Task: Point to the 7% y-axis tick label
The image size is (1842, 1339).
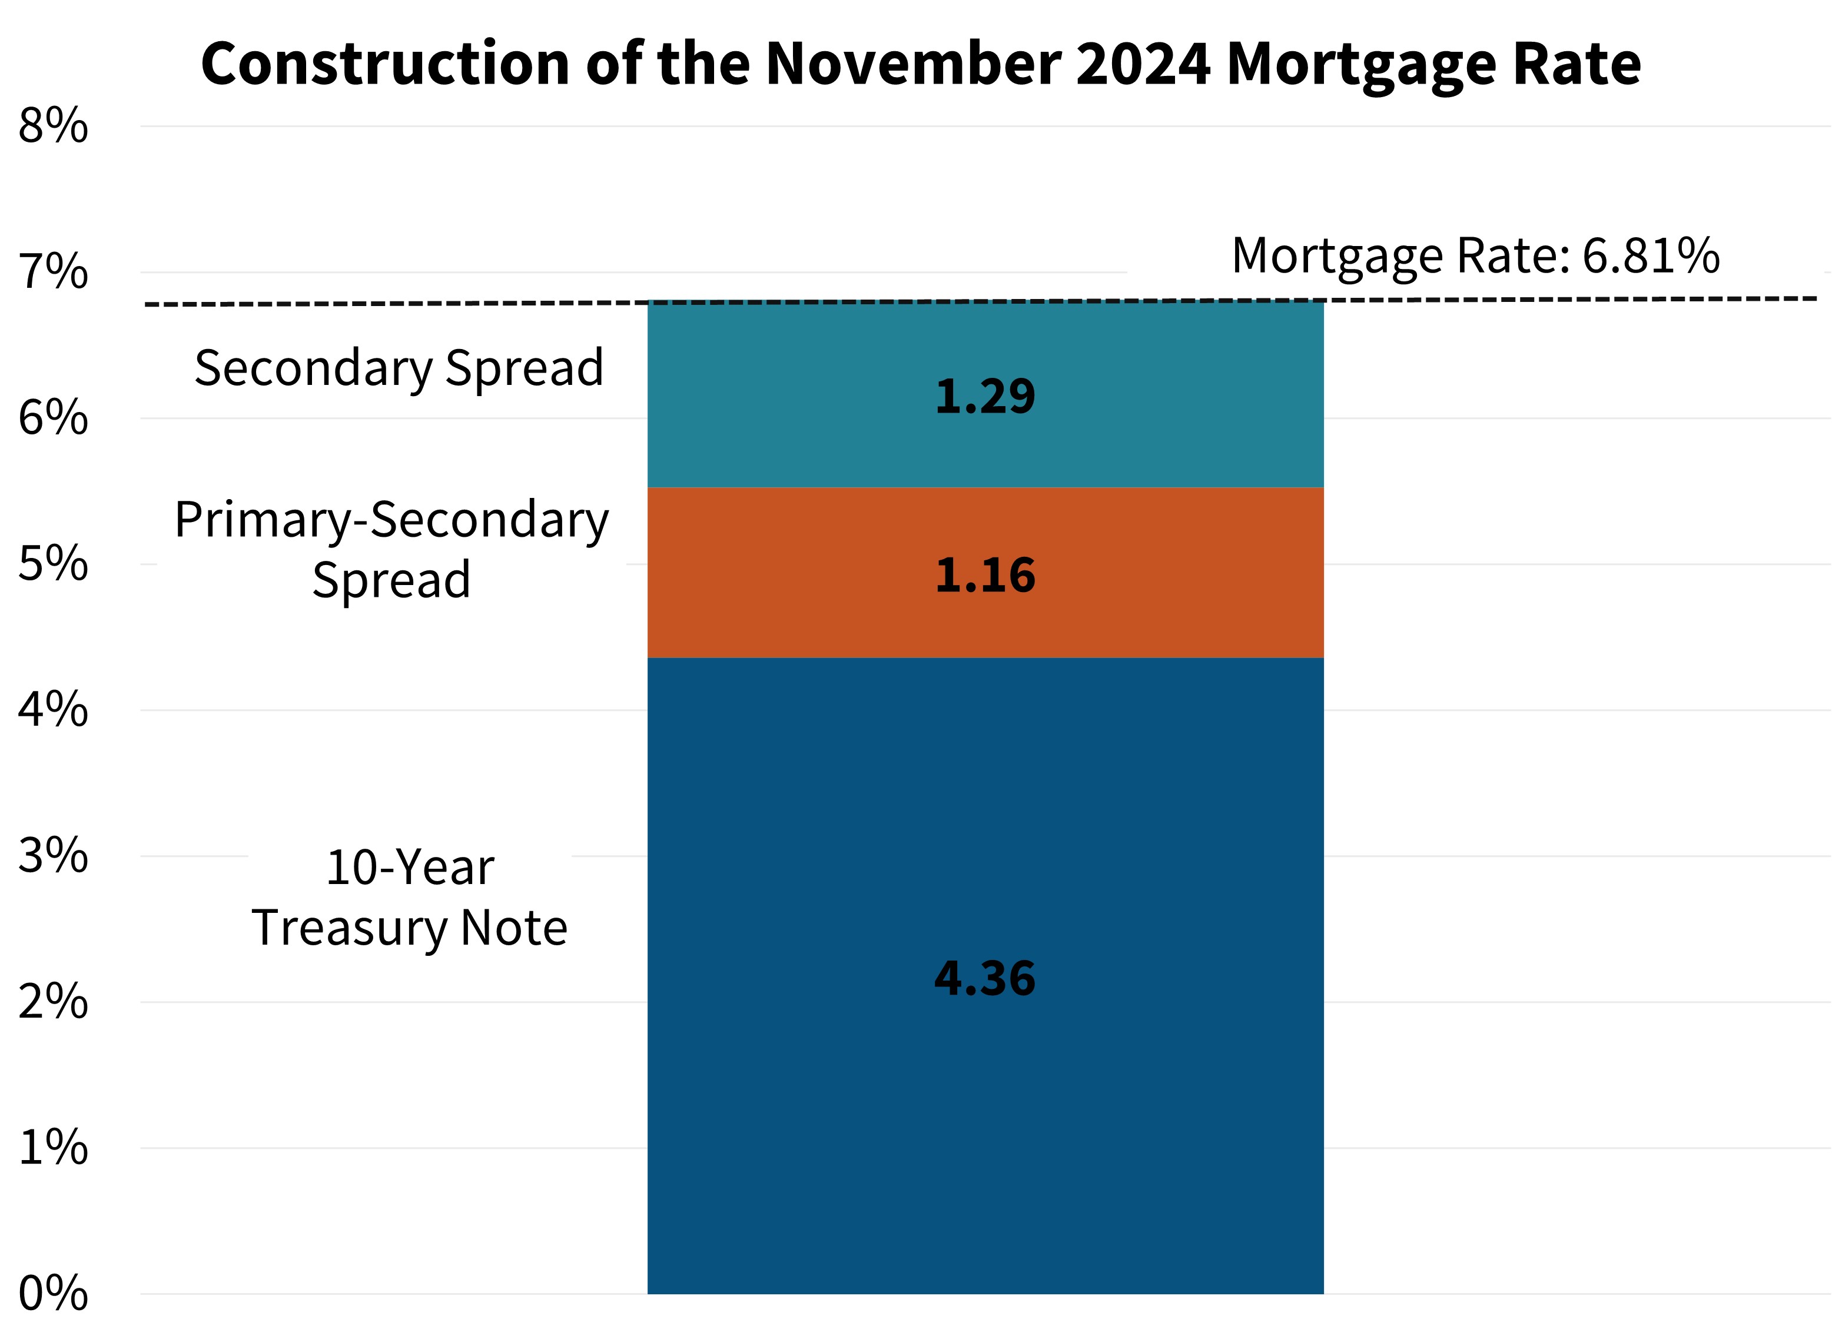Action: [53, 273]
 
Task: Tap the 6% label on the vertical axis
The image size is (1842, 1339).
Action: [53, 419]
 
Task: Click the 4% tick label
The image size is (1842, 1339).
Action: [53, 710]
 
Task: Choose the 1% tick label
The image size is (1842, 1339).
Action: [53, 1148]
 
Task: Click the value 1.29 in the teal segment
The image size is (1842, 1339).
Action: [984, 398]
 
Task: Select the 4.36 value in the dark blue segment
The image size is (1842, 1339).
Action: [984, 978]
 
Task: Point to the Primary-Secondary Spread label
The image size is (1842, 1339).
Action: [391, 549]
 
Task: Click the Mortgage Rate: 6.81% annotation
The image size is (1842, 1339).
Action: [1475, 256]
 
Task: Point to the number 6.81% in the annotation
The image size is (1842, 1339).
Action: [1650, 256]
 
